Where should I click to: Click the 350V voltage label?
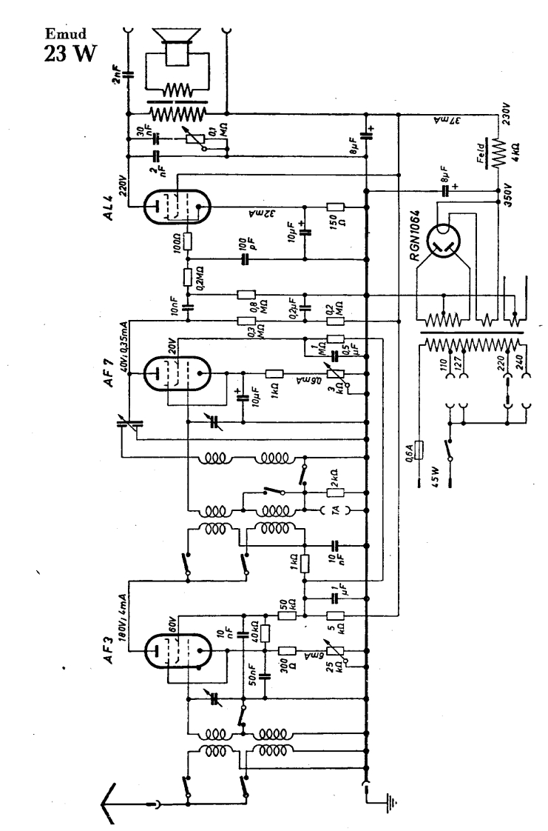pos(510,201)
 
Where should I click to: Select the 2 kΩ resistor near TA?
pos(334,492)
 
